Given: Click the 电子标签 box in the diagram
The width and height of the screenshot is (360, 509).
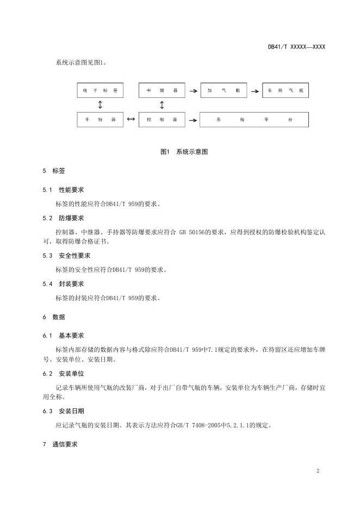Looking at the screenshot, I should (100, 90).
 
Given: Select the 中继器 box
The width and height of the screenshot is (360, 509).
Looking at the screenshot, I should (162, 90).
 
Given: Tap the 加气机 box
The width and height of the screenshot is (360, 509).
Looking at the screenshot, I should (223, 90).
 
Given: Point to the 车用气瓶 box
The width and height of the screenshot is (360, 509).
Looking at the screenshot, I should (285, 90).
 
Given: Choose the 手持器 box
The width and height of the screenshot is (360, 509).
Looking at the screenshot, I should (100, 119).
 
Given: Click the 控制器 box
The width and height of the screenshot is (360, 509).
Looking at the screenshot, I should (162, 119).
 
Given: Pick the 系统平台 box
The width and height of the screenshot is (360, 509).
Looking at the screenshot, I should (254, 119).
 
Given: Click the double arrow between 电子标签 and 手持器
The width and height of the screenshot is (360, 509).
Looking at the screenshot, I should (100, 104).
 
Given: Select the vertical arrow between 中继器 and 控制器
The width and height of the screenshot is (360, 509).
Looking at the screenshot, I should (162, 104).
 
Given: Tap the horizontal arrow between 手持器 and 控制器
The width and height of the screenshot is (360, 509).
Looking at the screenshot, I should (131, 119).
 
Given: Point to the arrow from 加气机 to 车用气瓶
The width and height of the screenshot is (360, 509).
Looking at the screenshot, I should (255, 91).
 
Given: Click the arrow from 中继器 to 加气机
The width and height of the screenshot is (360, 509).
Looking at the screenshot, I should (193, 91).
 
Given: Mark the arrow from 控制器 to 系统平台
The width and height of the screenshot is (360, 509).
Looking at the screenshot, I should (193, 120).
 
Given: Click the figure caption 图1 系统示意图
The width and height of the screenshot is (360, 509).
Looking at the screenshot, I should (184, 152).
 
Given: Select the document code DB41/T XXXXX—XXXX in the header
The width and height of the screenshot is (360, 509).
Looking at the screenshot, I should (296, 47).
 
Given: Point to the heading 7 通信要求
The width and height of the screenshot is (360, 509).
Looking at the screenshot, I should (60, 444).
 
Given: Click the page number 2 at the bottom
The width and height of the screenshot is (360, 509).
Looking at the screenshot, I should (318, 471).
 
